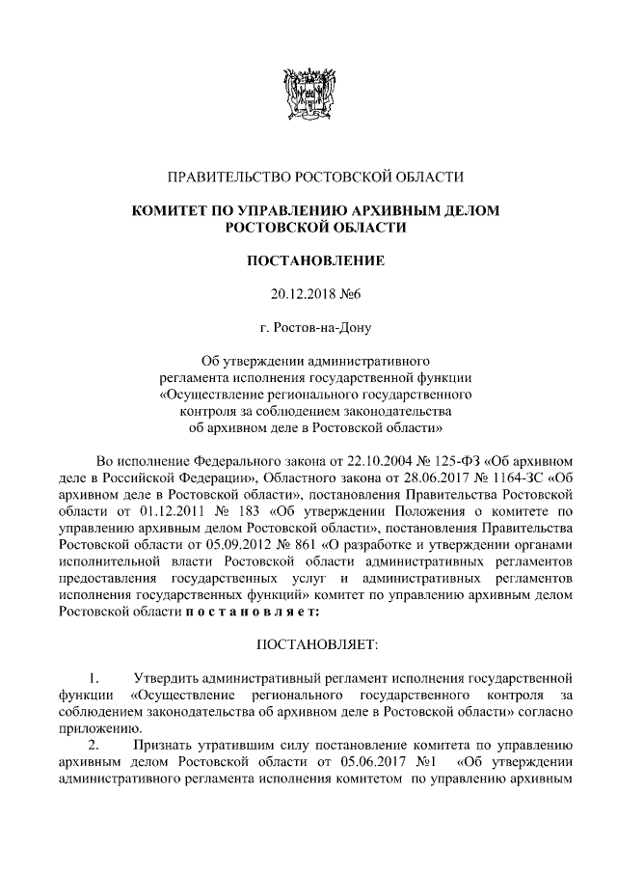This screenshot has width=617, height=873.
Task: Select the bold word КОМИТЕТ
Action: click(x=171, y=209)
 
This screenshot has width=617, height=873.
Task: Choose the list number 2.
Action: click(x=94, y=745)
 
